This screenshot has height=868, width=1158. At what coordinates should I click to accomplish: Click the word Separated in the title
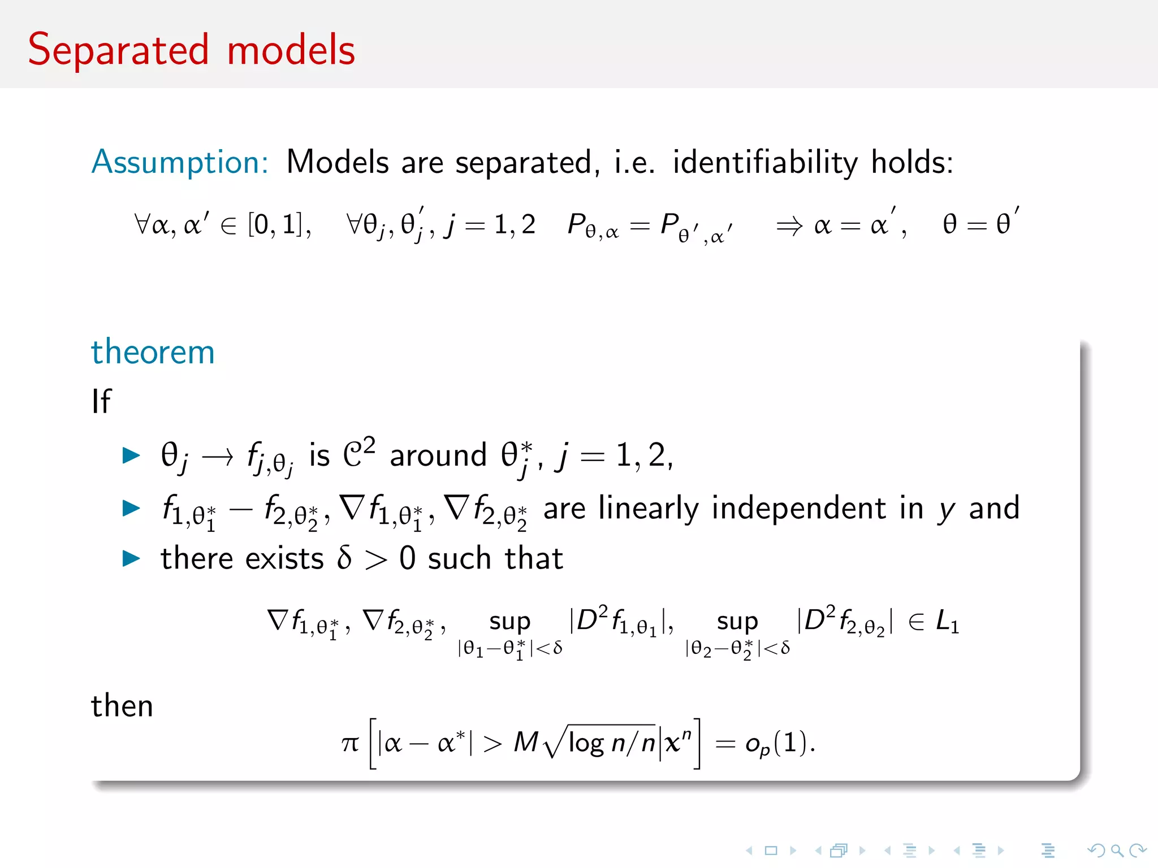(x=119, y=51)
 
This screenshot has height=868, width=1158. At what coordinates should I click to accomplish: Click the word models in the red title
(x=291, y=51)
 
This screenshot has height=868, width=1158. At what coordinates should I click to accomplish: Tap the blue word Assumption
(x=180, y=162)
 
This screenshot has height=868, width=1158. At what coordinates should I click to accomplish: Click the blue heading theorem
(x=153, y=352)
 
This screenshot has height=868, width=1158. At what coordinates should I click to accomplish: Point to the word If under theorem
(x=101, y=401)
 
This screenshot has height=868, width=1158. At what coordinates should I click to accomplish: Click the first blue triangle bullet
(x=131, y=455)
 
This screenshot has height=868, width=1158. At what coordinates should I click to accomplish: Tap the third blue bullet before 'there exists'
(x=131, y=558)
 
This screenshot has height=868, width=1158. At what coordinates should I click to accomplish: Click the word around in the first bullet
(x=438, y=455)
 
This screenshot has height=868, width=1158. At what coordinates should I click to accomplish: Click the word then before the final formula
(x=122, y=706)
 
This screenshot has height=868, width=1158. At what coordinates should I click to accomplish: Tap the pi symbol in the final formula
(x=350, y=743)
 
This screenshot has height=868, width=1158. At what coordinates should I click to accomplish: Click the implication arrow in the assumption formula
(x=789, y=227)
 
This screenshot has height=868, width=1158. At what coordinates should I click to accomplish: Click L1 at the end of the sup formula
(x=947, y=622)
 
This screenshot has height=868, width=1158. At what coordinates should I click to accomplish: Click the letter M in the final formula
(x=526, y=742)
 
